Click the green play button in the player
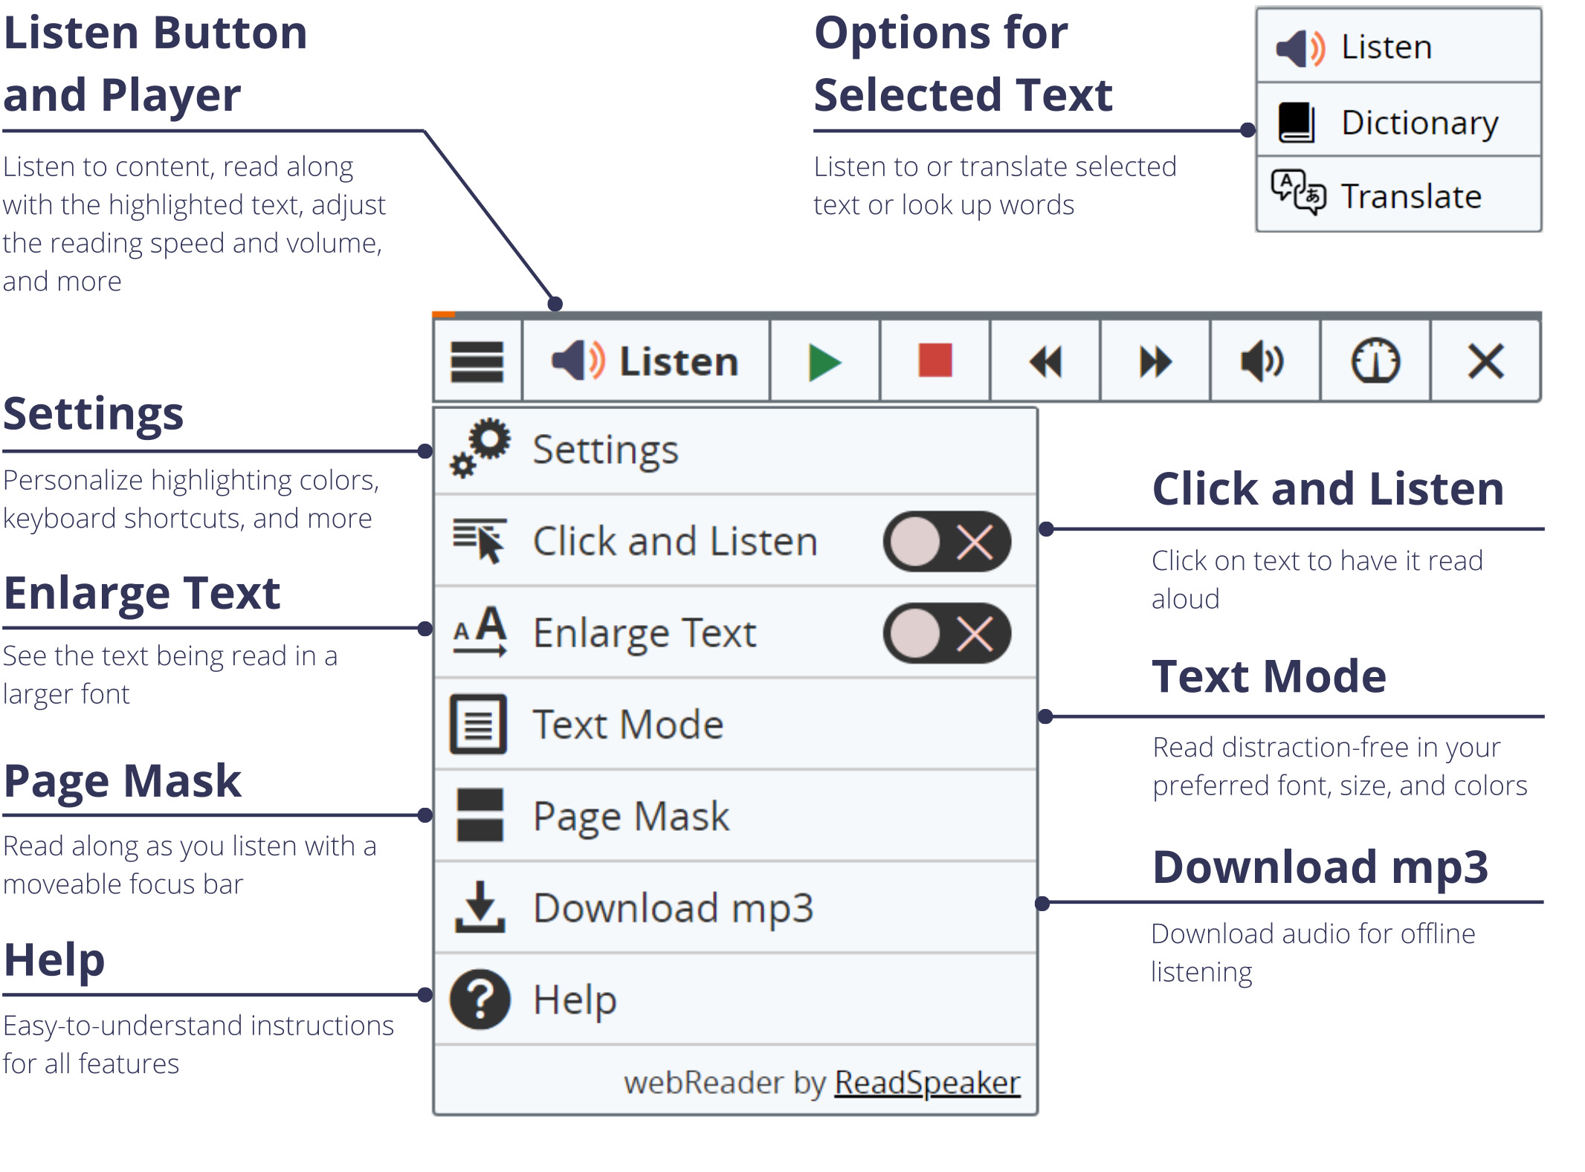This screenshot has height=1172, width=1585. [824, 363]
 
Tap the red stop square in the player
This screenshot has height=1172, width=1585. [934, 360]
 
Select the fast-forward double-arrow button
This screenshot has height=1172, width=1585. [1155, 363]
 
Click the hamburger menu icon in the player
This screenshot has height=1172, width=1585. [477, 362]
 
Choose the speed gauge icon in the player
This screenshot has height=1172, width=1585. [1375, 361]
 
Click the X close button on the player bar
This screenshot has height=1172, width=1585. [1485, 362]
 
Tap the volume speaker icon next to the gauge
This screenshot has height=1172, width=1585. [1262, 362]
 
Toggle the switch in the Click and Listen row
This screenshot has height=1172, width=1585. [946, 541]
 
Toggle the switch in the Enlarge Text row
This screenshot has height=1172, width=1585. [946, 633]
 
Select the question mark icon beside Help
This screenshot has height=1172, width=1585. [480, 999]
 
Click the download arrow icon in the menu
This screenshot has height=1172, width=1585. [480, 907]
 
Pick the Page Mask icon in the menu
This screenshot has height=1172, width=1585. [480, 815]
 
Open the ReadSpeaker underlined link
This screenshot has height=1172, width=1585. [927, 1083]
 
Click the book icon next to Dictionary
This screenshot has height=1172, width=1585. [1297, 122]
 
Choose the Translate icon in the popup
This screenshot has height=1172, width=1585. [1298, 192]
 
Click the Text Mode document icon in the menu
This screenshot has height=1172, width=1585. [479, 724]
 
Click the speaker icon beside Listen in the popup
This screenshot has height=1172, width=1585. [1300, 48]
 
